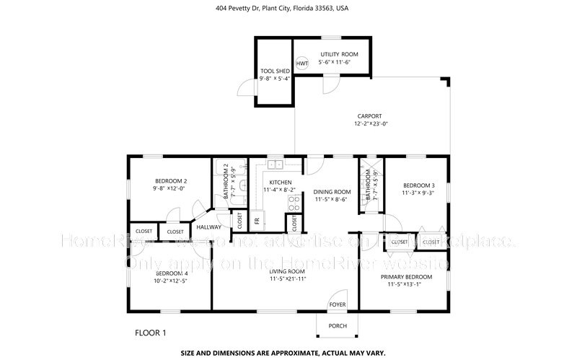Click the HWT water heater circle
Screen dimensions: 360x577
301,63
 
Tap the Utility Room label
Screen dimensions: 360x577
339,54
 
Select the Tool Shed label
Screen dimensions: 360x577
275,71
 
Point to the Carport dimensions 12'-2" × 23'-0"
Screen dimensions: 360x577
371,124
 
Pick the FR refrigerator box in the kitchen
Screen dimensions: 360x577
256,219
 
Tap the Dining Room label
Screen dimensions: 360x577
332,192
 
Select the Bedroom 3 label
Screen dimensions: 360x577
418,184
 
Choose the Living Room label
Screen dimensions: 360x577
288,272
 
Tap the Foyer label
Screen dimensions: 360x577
338,304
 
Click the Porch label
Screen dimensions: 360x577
338,326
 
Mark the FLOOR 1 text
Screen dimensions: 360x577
151,333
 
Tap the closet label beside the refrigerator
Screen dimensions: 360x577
240,220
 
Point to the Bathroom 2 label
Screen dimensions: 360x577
226,182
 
